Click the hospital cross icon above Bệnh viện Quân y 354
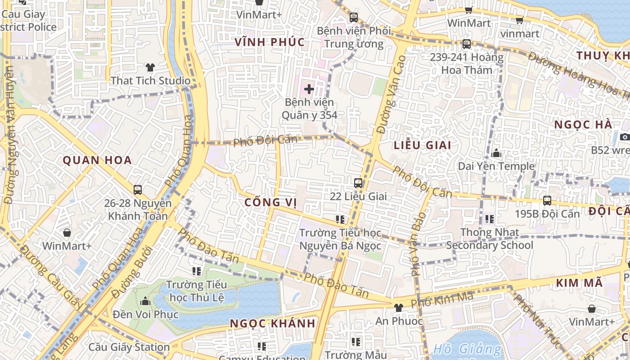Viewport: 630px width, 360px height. (x=309, y=89)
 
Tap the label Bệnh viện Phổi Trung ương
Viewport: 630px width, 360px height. (x=354, y=37)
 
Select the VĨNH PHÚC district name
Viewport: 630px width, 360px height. (x=270, y=42)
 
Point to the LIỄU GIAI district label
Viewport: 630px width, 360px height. (x=422, y=145)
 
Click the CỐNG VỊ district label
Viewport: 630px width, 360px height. (x=270, y=202)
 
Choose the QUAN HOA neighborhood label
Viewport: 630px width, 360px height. (x=97, y=160)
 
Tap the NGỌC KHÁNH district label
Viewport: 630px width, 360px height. (x=273, y=324)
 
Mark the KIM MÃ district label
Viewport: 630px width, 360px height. (x=579, y=283)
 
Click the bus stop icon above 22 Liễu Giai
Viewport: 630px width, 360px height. (x=358, y=183)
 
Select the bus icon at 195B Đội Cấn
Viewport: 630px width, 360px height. (x=547, y=201)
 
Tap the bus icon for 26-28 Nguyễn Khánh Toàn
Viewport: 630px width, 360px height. (x=138, y=190)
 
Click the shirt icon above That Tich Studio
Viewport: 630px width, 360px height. (x=150, y=67)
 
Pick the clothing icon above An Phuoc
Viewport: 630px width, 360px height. (x=399, y=308)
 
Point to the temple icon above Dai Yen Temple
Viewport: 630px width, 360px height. (x=497, y=153)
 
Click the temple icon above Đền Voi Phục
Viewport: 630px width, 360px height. (x=145, y=301)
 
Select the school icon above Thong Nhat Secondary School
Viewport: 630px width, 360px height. (x=490, y=219)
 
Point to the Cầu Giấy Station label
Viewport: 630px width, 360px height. (x=129, y=347)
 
